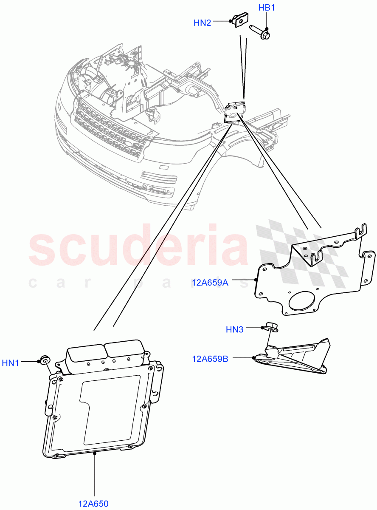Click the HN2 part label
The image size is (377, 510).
(202, 23)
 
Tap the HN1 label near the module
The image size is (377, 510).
(11, 363)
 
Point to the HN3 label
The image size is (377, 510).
(234, 329)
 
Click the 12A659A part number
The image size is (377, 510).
(210, 282)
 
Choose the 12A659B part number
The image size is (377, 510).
(210, 359)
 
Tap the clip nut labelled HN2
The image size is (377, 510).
(239, 20)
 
